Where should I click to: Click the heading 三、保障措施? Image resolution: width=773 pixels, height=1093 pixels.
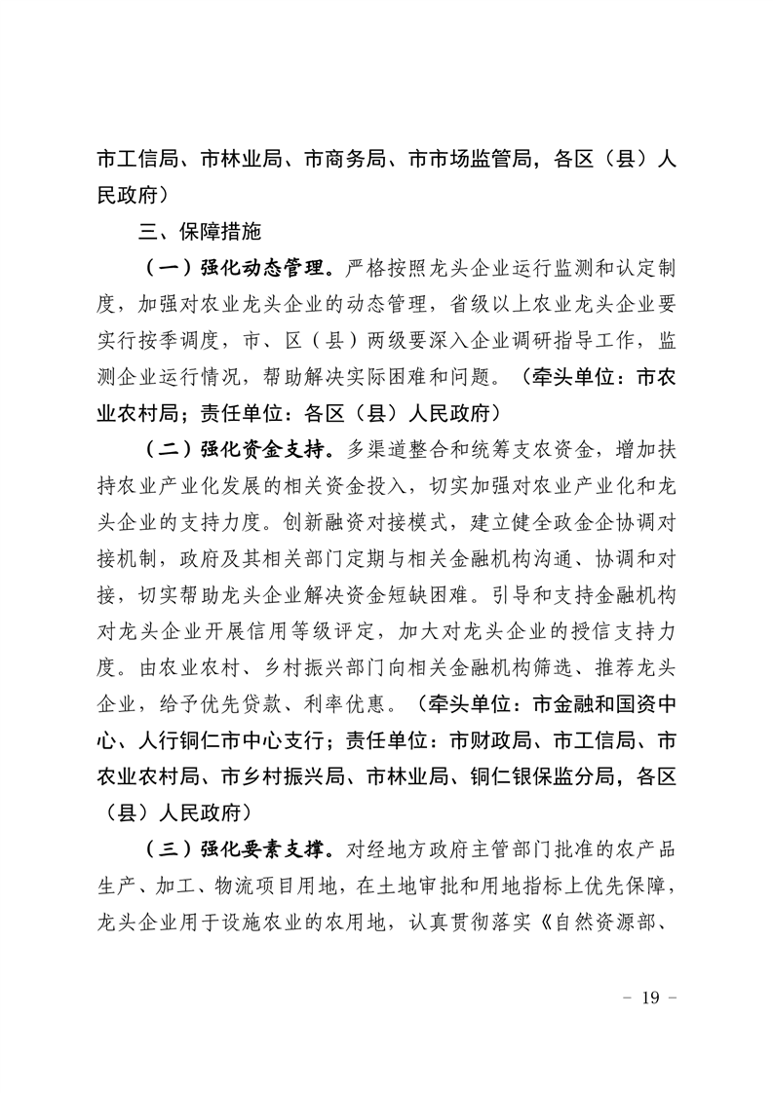click(x=199, y=233)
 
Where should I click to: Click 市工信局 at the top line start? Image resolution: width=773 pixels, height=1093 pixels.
click(x=135, y=160)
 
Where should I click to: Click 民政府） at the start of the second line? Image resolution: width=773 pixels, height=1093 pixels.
click(x=135, y=196)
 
